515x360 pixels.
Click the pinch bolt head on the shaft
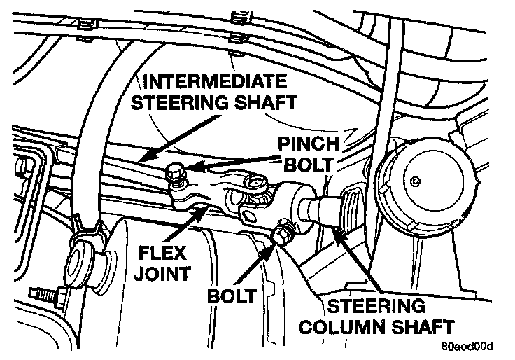point(176,171)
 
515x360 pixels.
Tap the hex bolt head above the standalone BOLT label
point(284,231)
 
